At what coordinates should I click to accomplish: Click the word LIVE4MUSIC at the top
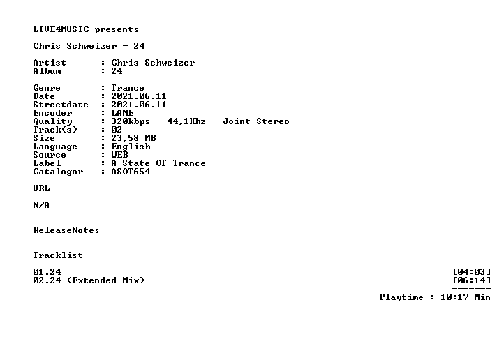[x=61, y=29]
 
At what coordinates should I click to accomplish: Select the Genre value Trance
[x=128, y=88]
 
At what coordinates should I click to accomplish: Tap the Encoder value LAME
[x=122, y=113]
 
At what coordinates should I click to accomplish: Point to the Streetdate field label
[x=61, y=105]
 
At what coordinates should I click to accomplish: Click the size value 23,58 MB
[x=133, y=138]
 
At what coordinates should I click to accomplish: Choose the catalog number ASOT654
[x=131, y=172]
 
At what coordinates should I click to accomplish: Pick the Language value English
[x=131, y=147]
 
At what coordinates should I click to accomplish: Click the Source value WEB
[x=120, y=155]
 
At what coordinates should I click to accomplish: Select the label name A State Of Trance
[x=158, y=163]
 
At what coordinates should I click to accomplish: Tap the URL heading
[x=41, y=188]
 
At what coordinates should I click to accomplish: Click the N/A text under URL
[x=41, y=205]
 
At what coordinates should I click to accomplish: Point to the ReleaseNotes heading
[x=66, y=230]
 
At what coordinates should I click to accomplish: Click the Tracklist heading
[x=58, y=255]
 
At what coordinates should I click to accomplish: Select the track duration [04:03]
[x=472, y=272]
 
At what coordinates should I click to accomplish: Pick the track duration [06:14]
[x=472, y=280]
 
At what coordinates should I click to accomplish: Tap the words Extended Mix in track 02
[x=106, y=280]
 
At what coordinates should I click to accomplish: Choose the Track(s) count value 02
[x=117, y=130]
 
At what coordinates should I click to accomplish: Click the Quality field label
[x=53, y=121]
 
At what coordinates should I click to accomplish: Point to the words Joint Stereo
[x=256, y=121]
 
